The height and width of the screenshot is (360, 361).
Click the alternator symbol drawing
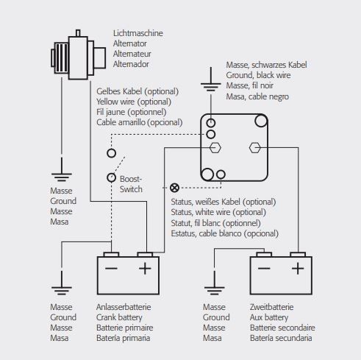[x=78, y=54]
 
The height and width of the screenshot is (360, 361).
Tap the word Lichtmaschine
[x=138, y=33]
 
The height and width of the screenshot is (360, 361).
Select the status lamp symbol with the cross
[x=174, y=188]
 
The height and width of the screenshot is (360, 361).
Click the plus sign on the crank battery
[x=145, y=268]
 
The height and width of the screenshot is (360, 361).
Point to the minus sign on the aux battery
[x=264, y=268]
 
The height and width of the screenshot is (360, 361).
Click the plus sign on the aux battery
[x=298, y=268]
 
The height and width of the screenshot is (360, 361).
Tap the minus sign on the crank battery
[x=111, y=268]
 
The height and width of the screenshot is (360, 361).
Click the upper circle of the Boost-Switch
[x=112, y=153]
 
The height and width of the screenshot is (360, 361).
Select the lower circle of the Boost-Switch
[x=112, y=177]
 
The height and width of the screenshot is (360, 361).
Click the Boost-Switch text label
[x=131, y=184]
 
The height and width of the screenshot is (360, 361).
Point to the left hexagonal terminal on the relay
[x=215, y=148]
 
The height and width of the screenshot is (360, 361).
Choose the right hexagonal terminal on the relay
[x=255, y=148]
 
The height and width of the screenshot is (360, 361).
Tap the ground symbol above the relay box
[x=211, y=83]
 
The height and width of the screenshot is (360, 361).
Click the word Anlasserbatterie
[x=124, y=307]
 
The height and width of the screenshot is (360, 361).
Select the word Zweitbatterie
[x=271, y=307]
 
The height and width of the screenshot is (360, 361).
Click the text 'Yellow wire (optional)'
[x=134, y=102]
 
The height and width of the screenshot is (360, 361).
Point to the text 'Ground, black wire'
[x=258, y=75]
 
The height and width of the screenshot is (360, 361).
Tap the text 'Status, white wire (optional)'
[x=218, y=212]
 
